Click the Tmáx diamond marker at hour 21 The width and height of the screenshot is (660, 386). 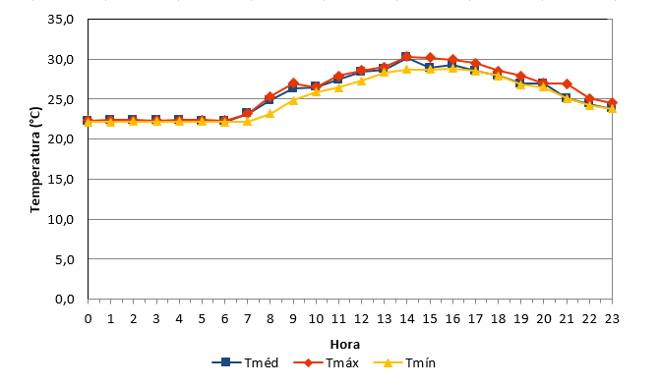pyautogui.click(x=567, y=83)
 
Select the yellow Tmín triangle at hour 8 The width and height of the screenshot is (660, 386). pyautogui.click(x=270, y=113)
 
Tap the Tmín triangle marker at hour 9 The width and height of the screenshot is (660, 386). pyautogui.click(x=293, y=100)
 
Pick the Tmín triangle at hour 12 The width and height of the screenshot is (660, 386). pyautogui.click(x=361, y=81)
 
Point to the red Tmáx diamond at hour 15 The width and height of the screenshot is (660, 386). pyautogui.click(x=430, y=58)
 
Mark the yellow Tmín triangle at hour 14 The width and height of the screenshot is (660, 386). pyautogui.click(x=406, y=69)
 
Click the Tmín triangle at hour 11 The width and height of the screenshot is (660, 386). pyautogui.click(x=338, y=87)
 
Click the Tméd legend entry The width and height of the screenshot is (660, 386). pyautogui.click(x=245, y=362)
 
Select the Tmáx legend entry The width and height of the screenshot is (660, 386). pyautogui.click(x=326, y=362)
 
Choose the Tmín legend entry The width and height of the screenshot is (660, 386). pyautogui.click(x=404, y=362)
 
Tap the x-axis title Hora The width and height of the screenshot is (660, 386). pyautogui.click(x=344, y=345)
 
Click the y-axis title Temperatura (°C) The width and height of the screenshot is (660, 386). pyautogui.click(x=35, y=159)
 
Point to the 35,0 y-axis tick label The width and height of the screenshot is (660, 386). pyautogui.click(x=61, y=20)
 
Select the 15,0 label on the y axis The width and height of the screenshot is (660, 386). pyautogui.click(x=61, y=179)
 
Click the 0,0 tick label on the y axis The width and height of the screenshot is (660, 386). pyautogui.click(x=64, y=299)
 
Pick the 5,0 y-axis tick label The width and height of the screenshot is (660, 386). pyautogui.click(x=64, y=259)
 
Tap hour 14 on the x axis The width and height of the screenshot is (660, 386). pyautogui.click(x=406, y=319)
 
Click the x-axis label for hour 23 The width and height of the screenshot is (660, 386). pyautogui.click(x=612, y=319)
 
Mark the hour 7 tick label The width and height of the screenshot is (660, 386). pyautogui.click(x=247, y=319)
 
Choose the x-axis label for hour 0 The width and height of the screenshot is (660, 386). pyautogui.click(x=88, y=319)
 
